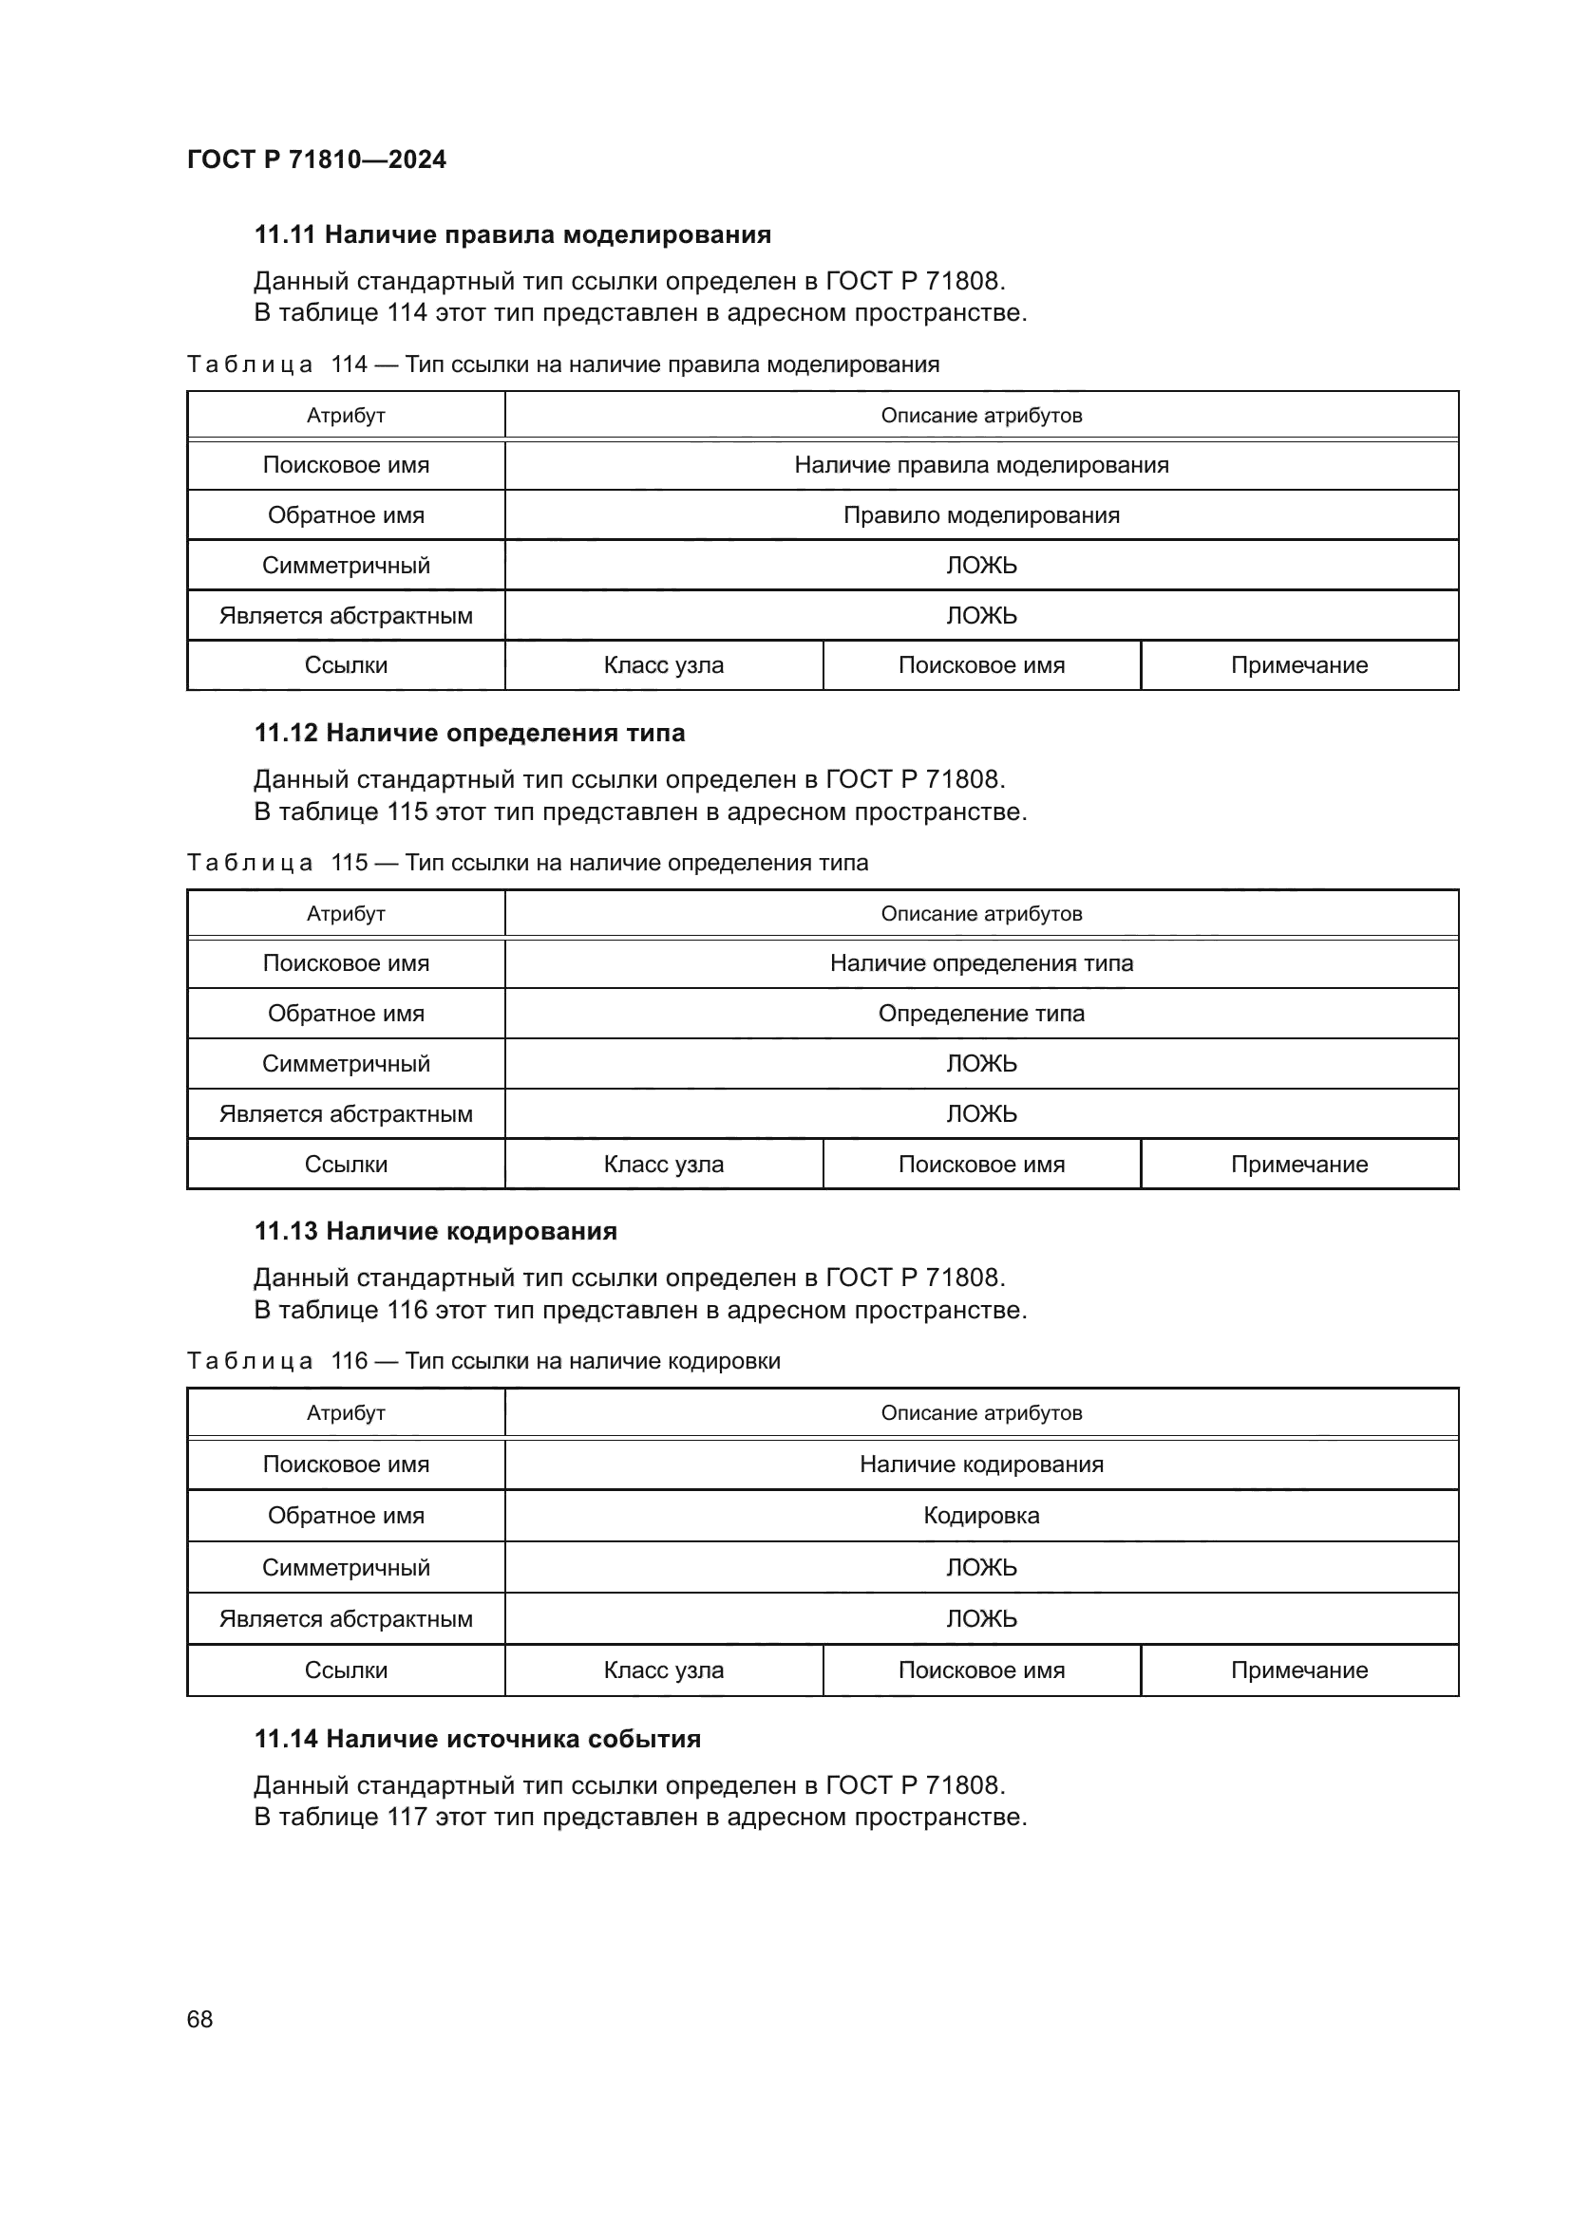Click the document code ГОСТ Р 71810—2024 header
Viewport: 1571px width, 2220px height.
pyautogui.click(x=316, y=159)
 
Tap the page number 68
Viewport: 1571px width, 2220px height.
pyautogui.click(x=199, y=2019)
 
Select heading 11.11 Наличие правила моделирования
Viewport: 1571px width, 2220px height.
pyautogui.click(x=513, y=235)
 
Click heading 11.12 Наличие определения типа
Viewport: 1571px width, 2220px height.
pyautogui.click(x=469, y=733)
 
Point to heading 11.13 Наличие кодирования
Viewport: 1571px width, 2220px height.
pyautogui.click(x=435, y=1231)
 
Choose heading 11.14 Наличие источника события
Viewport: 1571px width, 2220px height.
pyautogui.click(x=478, y=1739)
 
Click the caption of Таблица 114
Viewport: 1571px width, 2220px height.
pyautogui.click(x=562, y=364)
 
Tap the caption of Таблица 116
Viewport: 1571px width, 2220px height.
pyautogui.click(x=483, y=1361)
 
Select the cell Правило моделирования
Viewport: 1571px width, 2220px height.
pyautogui.click(x=981, y=515)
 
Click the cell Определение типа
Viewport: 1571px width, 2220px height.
pyautogui.click(x=981, y=1014)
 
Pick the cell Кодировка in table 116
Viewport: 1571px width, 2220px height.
pyautogui.click(x=981, y=1515)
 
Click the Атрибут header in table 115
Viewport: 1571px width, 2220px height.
pyautogui.click(x=346, y=914)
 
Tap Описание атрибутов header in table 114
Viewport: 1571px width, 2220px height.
pyautogui.click(x=981, y=416)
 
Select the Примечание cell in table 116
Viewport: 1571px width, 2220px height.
pyautogui.click(x=1298, y=1670)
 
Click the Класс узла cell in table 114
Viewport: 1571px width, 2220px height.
pyautogui.click(x=664, y=665)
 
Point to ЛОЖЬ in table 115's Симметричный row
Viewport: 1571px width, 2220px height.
pyautogui.click(x=981, y=1064)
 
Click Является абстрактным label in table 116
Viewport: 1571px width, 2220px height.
pyautogui.click(x=346, y=1618)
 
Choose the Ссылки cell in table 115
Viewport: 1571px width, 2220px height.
pyautogui.click(x=346, y=1165)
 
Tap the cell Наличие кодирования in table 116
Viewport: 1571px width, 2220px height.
pyautogui.click(x=981, y=1464)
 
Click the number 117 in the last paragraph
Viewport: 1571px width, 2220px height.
pyautogui.click(x=407, y=1817)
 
